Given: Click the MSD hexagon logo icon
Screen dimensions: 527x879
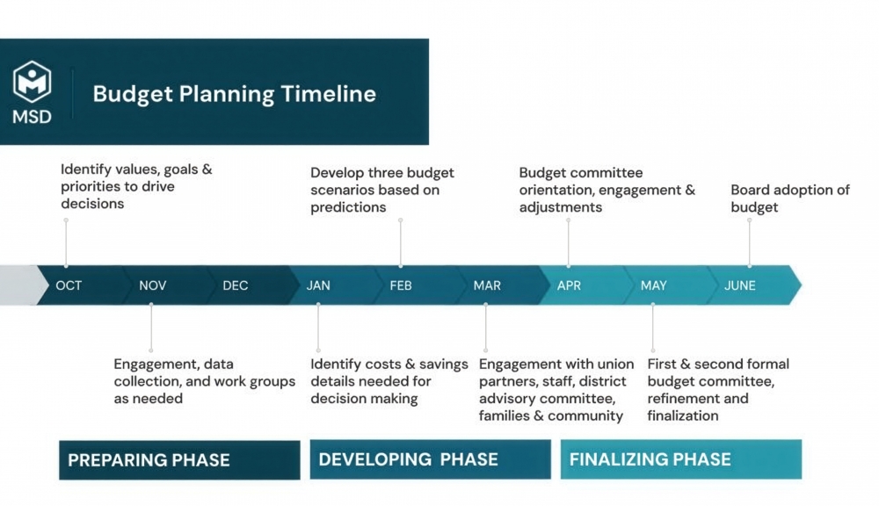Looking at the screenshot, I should coord(32,83).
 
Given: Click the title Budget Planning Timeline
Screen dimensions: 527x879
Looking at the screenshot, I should coord(234,94).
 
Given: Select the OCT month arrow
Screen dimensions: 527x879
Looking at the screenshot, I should coord(69,285).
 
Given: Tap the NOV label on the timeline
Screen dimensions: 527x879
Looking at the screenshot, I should coord(152,285).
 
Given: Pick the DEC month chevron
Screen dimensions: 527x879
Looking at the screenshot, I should coord(236,285).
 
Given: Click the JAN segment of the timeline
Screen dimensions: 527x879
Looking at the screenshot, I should coord(318,285).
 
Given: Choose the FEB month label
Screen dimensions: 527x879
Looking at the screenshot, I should coord(401,285).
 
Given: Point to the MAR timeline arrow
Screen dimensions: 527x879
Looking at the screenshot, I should coord(486,285).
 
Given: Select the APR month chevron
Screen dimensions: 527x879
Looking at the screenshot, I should coord(569,285).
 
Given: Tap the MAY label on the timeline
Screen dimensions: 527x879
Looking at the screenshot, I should coord(653,285).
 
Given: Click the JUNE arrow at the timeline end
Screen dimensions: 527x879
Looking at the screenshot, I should coord(741,285).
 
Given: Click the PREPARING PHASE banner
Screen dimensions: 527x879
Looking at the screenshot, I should coord(179,459).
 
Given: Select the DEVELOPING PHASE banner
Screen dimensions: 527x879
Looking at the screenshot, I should coord(430,459).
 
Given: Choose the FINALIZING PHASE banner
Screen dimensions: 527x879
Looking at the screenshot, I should coord(680,459).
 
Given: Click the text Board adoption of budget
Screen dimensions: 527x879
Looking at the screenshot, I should coord(789,199).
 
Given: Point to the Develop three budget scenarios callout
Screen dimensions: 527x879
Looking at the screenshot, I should coord(382,190).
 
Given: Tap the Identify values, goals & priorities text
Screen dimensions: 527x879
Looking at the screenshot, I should coord(136,185).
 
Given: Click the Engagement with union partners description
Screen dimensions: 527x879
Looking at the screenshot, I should coord(556,389).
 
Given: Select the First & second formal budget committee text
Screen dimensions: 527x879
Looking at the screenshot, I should coord(718,389).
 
